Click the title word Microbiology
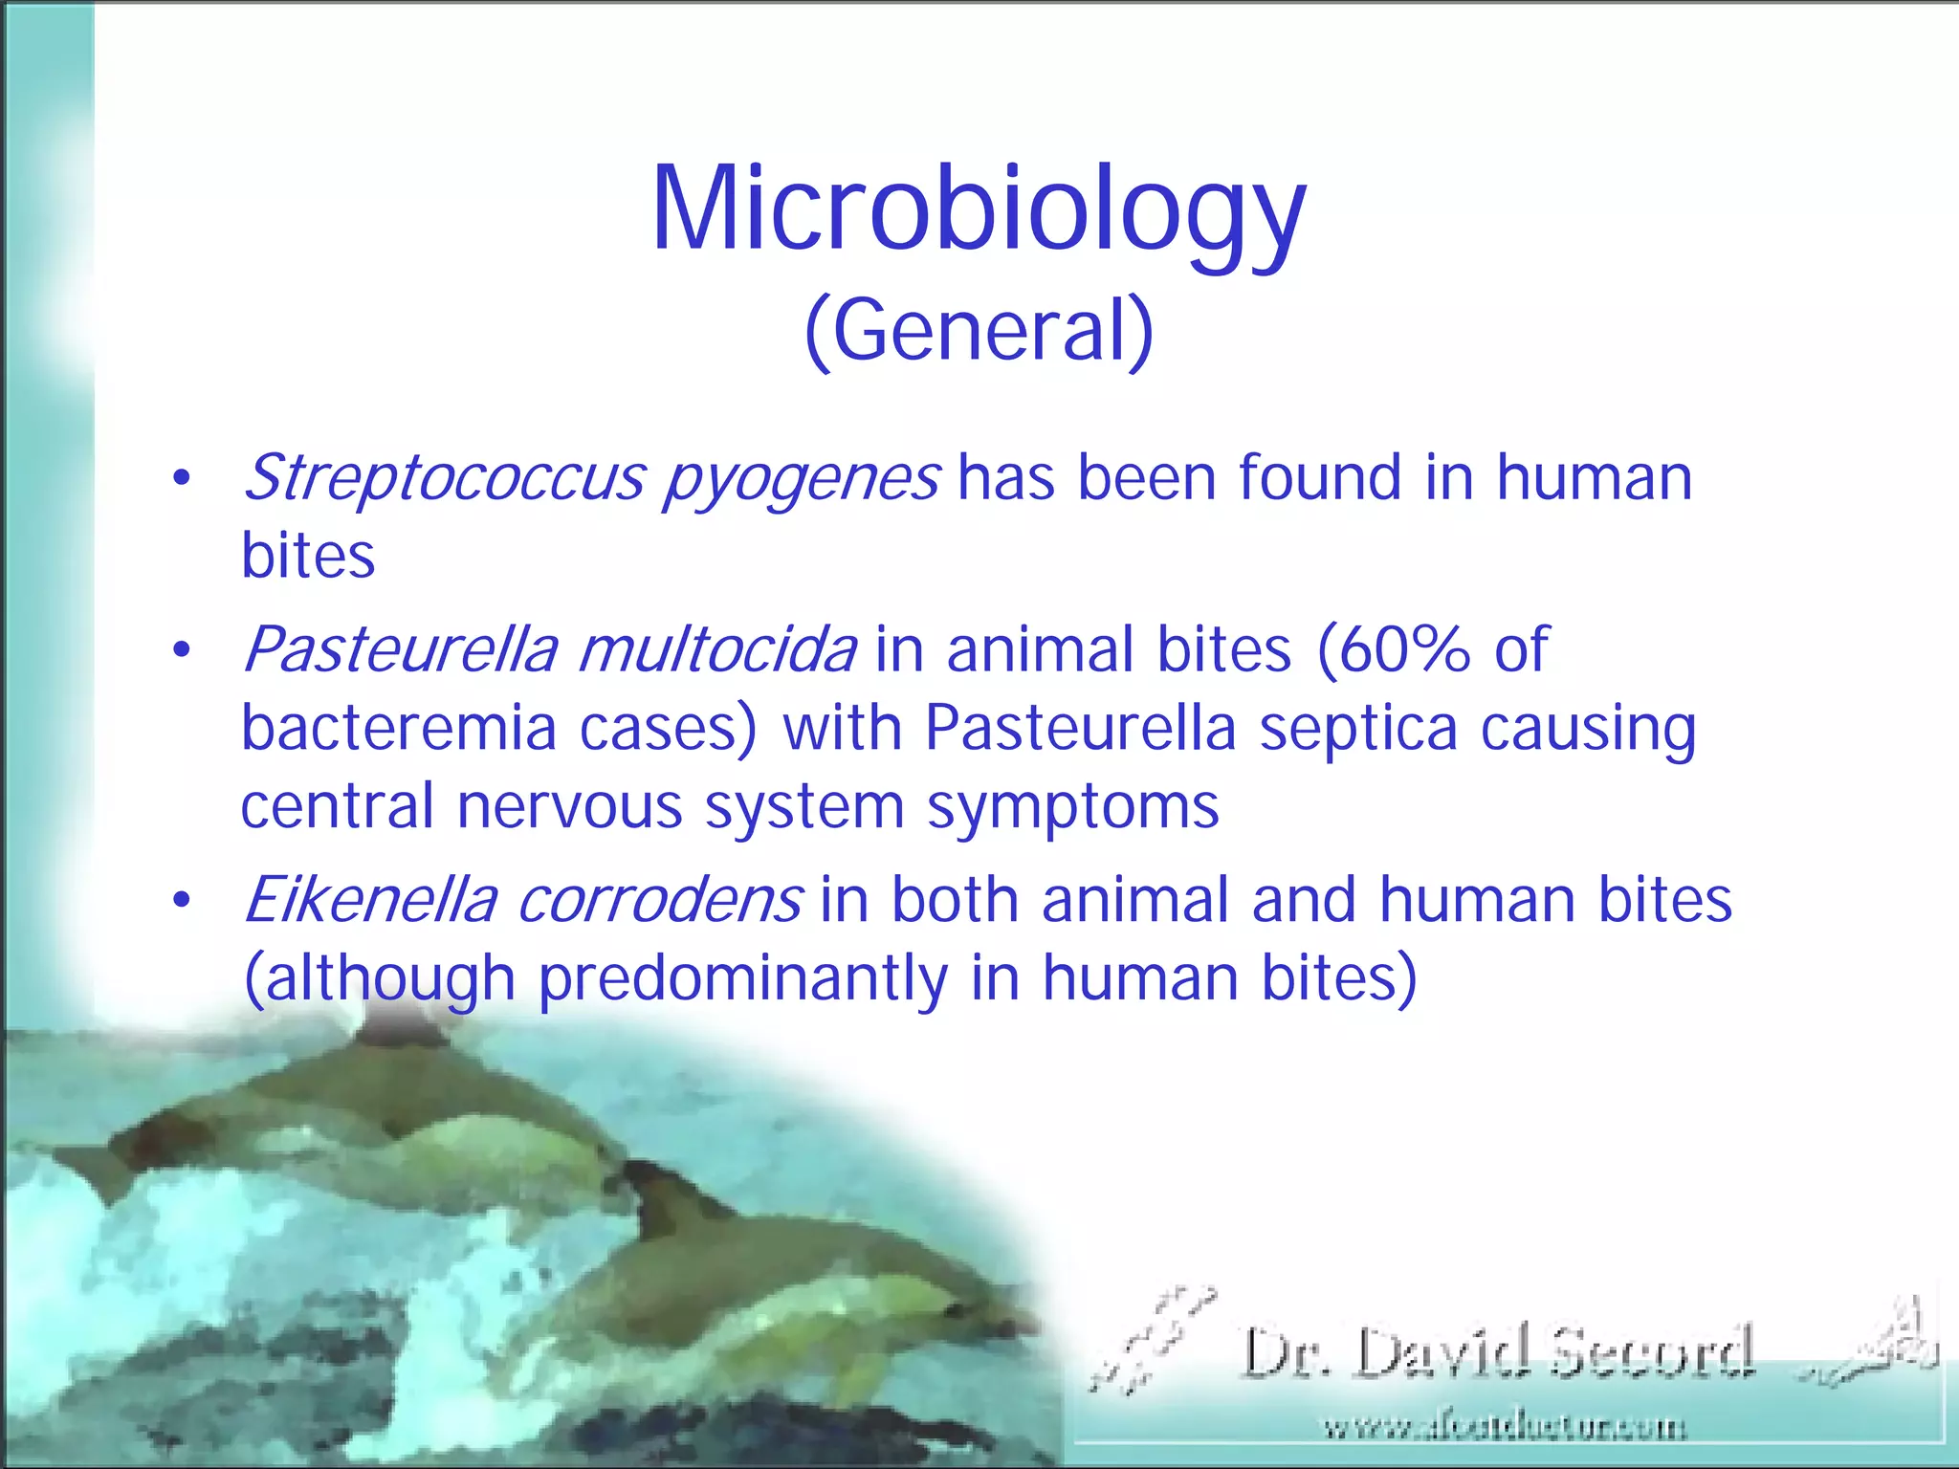978,210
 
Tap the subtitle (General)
979,330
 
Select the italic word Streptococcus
445,477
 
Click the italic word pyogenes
802,479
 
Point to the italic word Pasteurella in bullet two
400,649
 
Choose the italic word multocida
717,649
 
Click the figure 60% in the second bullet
1392,649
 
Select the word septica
1357,730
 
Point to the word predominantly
743,978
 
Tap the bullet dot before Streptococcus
182,478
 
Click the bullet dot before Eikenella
182,901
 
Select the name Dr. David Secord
1497,1352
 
